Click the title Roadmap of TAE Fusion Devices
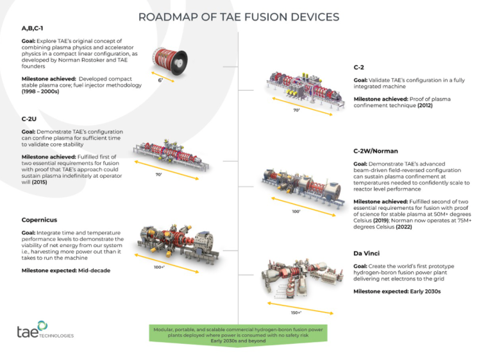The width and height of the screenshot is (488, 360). (239, 16)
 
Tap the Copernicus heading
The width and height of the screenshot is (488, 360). (40, 220)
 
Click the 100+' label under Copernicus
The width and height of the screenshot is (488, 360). (160, 267)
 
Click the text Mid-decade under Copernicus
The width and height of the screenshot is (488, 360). (89, 270)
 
